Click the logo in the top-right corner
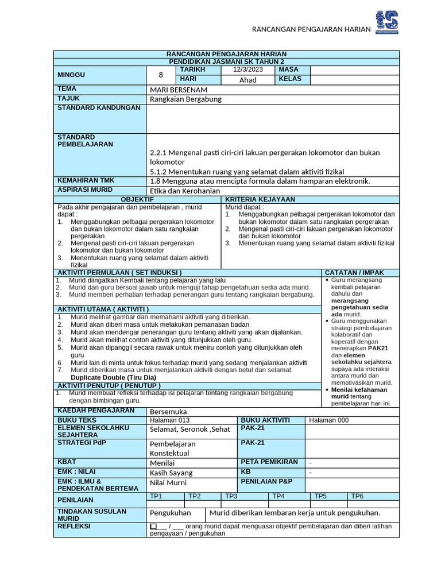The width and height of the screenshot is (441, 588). click(x=386, y=21)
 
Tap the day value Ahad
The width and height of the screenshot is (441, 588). click(x=247, y=80)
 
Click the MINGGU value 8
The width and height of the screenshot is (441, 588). click(x=161, y=75)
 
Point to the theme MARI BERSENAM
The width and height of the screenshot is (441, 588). click(x=179, y=90)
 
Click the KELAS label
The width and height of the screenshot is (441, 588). click(x=290, y=79)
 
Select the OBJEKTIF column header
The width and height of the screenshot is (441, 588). click(x=137, y=199)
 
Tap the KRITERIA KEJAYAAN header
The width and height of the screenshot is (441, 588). click(x=260, y=199)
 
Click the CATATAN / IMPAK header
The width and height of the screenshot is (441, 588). click(x=354, y=272)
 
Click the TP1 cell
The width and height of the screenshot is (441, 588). click(x=156, y=496)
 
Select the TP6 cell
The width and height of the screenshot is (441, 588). click(x=357, y=496)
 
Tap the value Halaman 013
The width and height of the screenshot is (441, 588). click(x=166, y=420)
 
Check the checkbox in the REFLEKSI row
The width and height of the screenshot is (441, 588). click(x=153, y=526)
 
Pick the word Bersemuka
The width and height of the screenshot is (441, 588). click(x=168, y=411)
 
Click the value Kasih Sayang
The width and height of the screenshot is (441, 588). click(x=171, y=473)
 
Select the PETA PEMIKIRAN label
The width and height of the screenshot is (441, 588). click(x=269, y=462)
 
